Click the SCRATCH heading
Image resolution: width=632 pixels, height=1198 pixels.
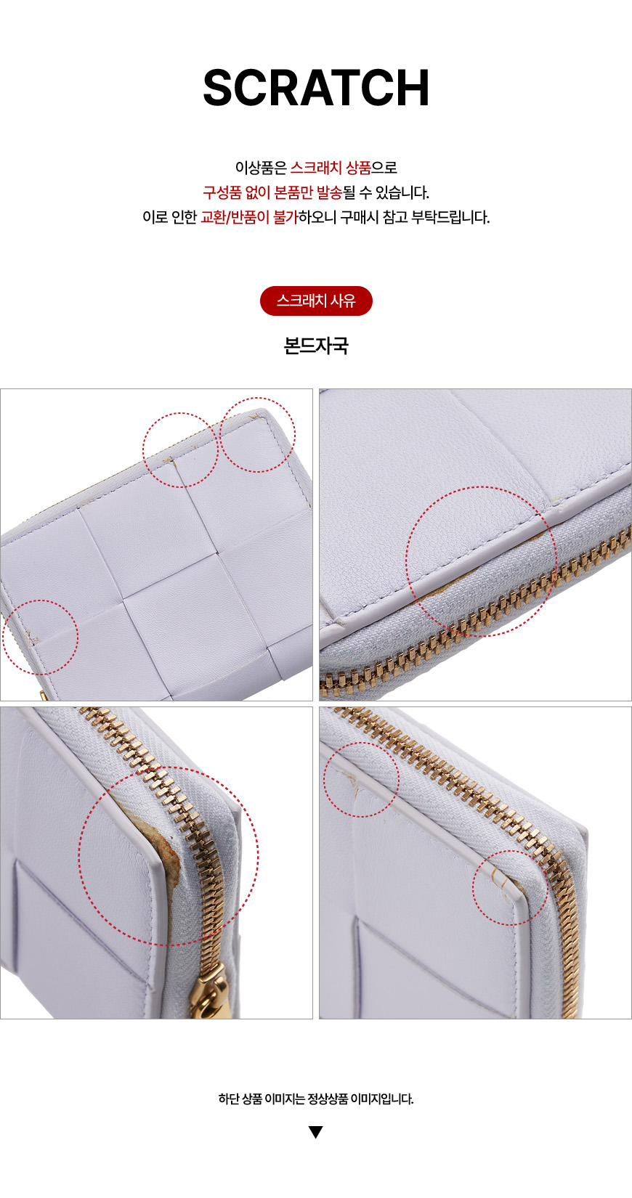click(x=316, y=88)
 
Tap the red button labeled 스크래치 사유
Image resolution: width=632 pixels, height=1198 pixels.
click(x=316, y=301)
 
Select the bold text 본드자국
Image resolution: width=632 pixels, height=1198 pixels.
click(x=316, y=346)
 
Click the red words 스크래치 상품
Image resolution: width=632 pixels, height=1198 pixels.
click(x=331, y=168)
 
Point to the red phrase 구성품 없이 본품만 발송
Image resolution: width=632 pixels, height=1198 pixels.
click(x=272, y=192)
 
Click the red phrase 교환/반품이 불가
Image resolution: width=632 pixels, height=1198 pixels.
click(x=249, y=217)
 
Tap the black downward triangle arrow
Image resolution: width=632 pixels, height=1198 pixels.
click(x=316, y=1132)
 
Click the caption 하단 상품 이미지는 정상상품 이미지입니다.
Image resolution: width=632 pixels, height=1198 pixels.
click(x=316, y=1099)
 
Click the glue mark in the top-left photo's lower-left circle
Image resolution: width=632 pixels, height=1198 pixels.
click(x=33, y=637)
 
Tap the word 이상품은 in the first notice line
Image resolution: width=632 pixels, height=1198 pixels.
click(x=261, y=168)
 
